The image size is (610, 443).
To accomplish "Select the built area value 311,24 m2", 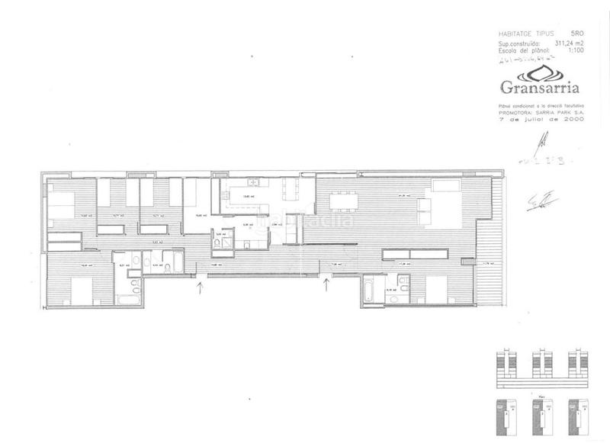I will (x=568, y=44).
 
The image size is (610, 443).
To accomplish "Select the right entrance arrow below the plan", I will (x=327, y=285).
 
